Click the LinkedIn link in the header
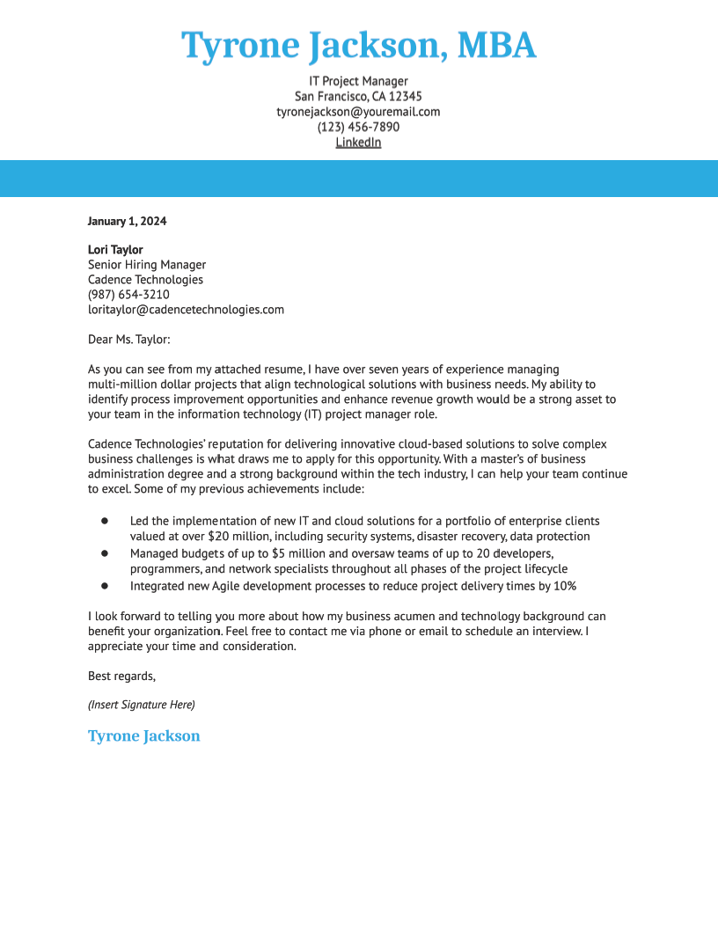tap(358, 143)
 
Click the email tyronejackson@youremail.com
tap(358, 112)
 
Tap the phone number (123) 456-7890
tap(358, 127)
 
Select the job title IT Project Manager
tap(358, 81)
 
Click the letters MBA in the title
tap(496, 45)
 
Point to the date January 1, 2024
tap(127, 221)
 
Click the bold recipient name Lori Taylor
tap(115, 250)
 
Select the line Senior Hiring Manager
tap(147, 265)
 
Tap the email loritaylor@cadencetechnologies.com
tap(186, 310)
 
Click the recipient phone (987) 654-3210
tap(128, 295)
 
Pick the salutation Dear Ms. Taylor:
tap(128, 339)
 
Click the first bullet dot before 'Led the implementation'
tap(105, 521)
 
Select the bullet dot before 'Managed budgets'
tap(105, 553)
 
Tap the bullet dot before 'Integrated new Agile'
tap(105, 585)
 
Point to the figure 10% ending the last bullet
tap(564, 586)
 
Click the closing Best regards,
tap(121, 676)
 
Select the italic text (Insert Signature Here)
tap(141, 705)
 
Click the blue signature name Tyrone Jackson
tap(143, 736)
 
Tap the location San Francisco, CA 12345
tap(358, 96)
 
